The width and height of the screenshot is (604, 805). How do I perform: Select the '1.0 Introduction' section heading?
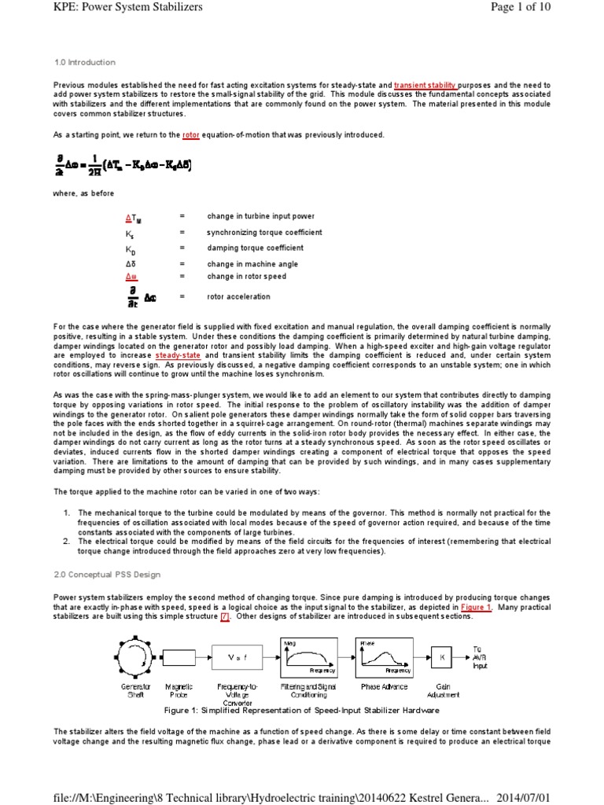coord(84,62)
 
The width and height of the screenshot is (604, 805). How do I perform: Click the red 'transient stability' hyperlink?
coord(427,84)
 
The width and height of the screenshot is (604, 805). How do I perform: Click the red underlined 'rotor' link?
coord(191,134)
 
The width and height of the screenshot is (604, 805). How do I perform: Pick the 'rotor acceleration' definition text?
coord(238,296)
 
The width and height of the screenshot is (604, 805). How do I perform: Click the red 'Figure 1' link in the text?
coord(477,608)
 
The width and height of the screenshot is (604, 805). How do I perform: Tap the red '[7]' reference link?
coord(225,616)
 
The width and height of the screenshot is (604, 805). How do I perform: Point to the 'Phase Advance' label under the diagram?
coord(383,686)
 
